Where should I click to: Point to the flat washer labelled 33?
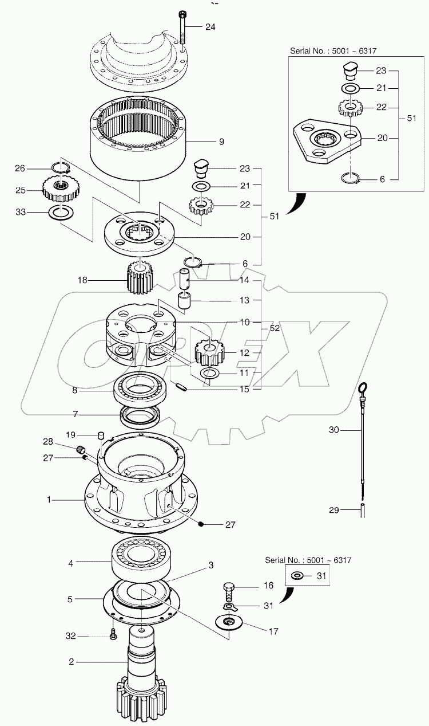(x=59, y=211)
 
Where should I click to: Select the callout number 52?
(x=275, y=328)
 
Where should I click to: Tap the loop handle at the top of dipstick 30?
(x=362, y=390)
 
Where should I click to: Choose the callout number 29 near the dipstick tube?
(x=335, y=509)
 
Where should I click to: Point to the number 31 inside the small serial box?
(x=321, y=576)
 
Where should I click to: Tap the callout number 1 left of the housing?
(x=49, y=500)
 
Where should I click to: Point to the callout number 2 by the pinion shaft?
(x=71, y=662)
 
